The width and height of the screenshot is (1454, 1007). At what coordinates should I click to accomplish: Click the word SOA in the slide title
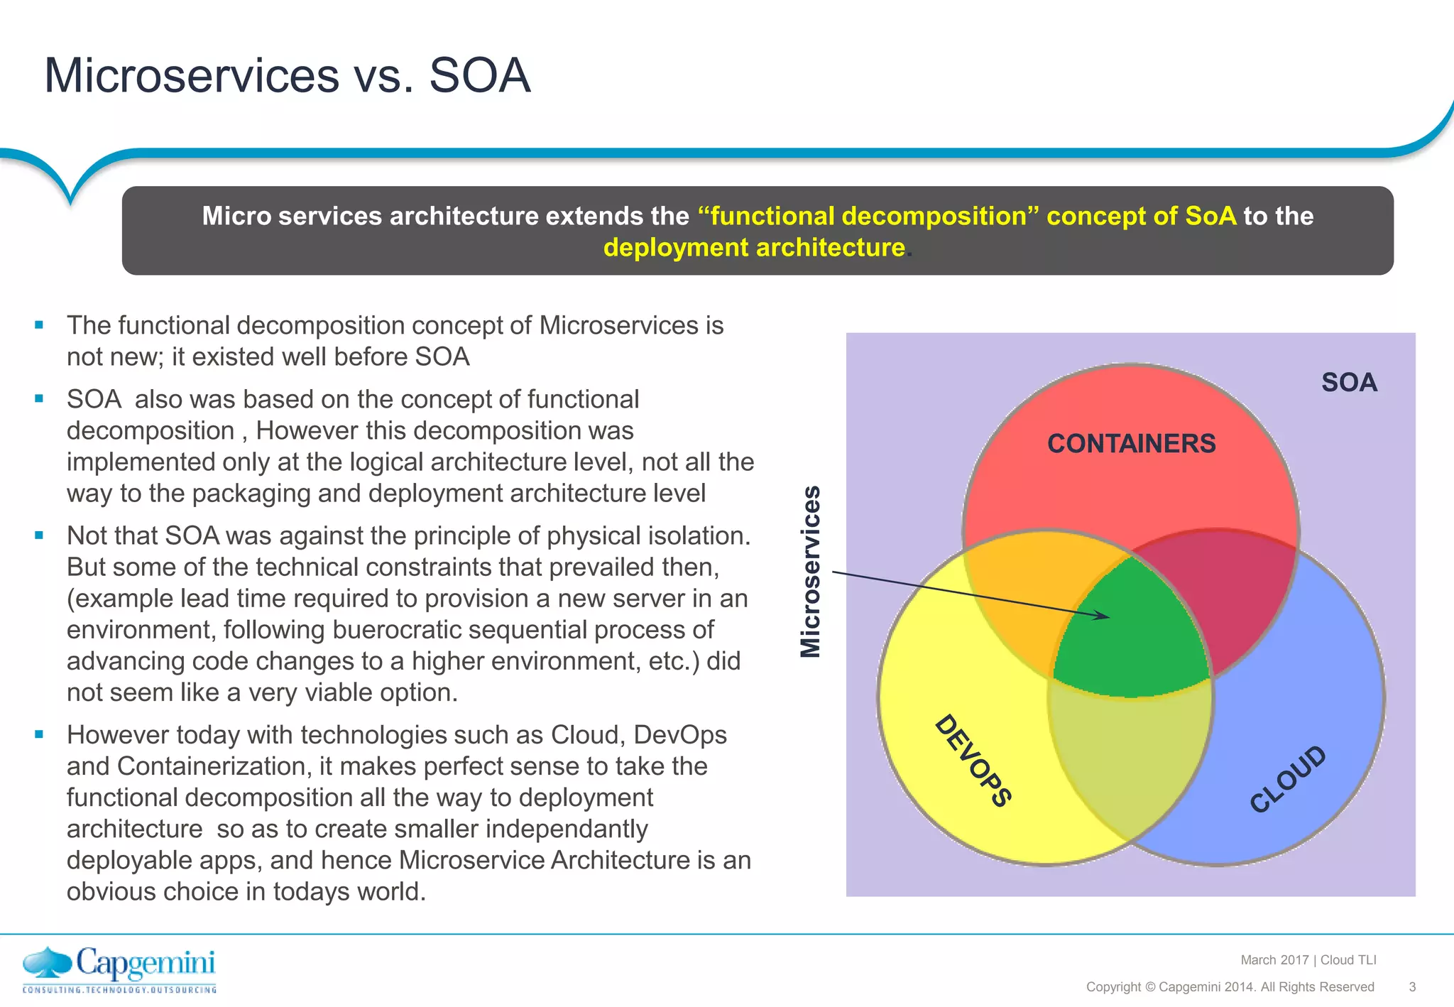pyautogui.click(x=480, y=76)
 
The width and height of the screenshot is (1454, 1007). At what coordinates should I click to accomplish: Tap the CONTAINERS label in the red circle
pyautogui.click(x=1131, y=444)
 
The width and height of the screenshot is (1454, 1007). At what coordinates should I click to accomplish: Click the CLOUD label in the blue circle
pyautogui.click(x=1288, y=779)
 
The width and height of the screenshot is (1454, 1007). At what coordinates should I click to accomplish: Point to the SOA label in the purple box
pyautogui.click(x=1349, y=383)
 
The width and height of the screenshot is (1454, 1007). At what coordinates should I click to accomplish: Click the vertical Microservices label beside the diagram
pyautogui.click(x=811, y=572)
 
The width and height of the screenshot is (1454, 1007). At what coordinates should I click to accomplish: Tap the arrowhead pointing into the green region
pyautogui.click(x=1102, y=615)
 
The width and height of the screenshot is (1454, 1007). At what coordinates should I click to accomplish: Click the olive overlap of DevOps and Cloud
pyautogui.click(x=1129, y=760)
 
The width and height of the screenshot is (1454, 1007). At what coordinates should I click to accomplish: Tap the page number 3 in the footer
pyautogui.click(x=1412, y=987)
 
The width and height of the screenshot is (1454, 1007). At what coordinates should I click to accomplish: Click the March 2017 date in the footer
pyautogui.click(x=1274, y=960)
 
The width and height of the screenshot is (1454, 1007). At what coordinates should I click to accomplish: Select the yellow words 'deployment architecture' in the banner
pyautogui.click(x=754, y=248)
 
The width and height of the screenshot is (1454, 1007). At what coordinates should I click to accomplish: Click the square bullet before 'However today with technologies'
pyautogui.click(x=39, y=734)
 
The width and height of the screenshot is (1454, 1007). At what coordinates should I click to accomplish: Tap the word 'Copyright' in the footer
pyautogui.click(x=1113, y=987)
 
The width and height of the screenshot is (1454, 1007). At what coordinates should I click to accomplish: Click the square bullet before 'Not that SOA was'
pyautogui.click(x=39, y=535)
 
